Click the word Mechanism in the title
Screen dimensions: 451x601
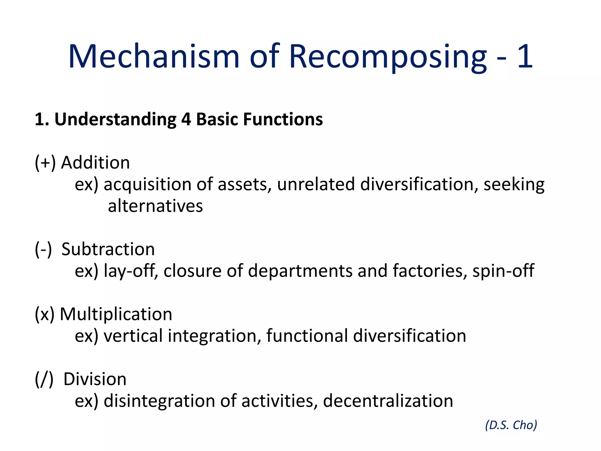click(154, 56)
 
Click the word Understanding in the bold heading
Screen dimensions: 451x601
click(115, 120)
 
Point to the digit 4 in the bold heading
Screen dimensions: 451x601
click(186, 120)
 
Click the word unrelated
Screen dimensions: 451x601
click(316, 184)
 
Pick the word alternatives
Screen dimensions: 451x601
click(155, 206)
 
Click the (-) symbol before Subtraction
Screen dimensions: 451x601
click(43, 249)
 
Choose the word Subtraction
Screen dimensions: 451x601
click(108, 249)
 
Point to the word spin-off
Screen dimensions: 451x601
click(503, 270)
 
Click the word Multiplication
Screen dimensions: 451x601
click(116, 314)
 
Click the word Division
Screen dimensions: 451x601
click(95, 379)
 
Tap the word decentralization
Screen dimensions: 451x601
click(388, 401)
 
